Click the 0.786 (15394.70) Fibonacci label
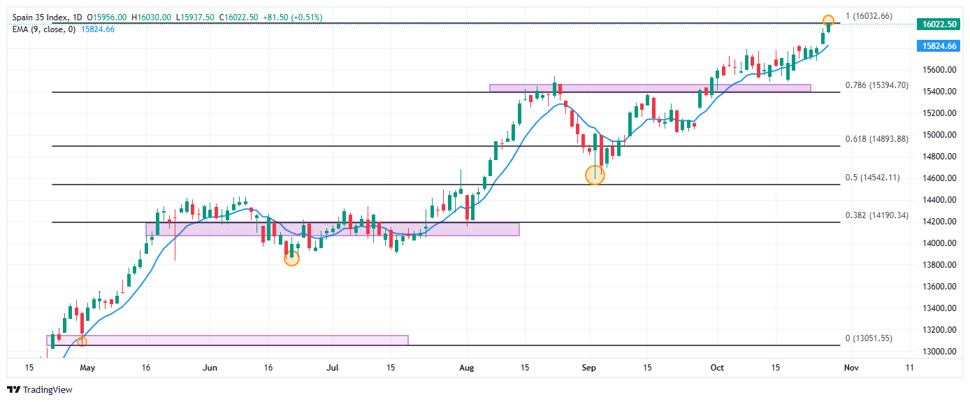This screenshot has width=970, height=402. [876, 85]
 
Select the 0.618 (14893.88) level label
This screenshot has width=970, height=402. [876, 139]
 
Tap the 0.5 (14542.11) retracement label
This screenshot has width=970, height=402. [872, 178]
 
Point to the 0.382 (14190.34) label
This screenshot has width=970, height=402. [876, 215]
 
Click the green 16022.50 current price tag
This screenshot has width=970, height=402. [939, 24]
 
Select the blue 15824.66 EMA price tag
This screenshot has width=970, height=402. [939, 45]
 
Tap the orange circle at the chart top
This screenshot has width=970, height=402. [828, 20]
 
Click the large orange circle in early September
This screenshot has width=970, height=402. [594, 175]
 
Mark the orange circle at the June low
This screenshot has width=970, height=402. [291, 258]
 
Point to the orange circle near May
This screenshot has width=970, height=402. [82, 341]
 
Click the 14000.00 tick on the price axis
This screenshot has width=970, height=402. [939, 243]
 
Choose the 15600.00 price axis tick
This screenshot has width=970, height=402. [939, 70]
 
